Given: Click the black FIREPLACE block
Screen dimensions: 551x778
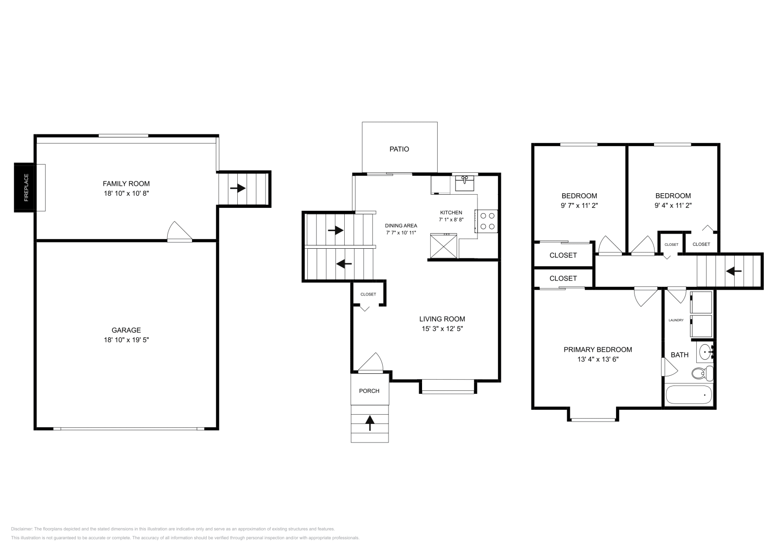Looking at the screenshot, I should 24,187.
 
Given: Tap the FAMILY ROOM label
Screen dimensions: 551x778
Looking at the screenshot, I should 126,184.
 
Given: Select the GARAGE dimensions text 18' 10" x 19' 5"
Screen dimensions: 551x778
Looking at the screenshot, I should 126,340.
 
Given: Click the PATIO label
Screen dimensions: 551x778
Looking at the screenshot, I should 399,149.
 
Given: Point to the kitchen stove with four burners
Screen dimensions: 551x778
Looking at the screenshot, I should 487,221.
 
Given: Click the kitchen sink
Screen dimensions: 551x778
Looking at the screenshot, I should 465,184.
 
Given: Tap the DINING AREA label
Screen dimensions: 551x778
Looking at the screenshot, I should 401,225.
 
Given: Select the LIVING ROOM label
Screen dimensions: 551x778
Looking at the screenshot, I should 442,319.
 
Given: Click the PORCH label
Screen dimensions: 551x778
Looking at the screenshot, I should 369,390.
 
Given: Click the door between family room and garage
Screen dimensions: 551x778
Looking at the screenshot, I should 179,232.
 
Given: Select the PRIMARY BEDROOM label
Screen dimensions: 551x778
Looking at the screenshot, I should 598,349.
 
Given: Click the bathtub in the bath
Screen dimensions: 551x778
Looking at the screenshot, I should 689,394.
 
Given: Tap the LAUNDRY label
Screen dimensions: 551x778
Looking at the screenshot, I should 676,320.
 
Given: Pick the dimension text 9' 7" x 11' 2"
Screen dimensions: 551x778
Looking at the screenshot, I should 579,205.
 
